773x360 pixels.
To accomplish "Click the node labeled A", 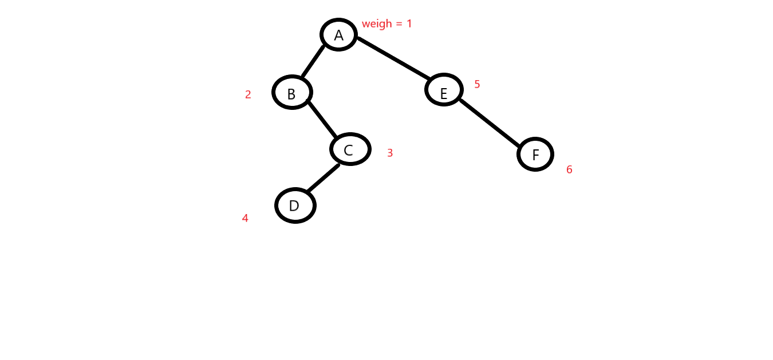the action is coord(338,35).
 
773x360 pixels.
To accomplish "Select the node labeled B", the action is coord(292,92).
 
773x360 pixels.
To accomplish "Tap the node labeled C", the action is coord(350,149).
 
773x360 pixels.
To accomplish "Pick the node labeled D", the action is coord(295,205).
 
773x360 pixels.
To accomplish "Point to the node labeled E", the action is coord(444,90).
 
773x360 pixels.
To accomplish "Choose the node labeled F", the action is coord(535,154).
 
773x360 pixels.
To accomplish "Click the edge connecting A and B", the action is coord(313,61).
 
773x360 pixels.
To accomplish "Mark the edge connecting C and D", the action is coord(323,179).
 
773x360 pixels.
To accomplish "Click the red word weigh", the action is coord(377,24).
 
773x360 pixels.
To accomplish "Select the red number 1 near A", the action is coord(409,24).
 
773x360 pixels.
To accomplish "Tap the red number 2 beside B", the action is coord(248,95).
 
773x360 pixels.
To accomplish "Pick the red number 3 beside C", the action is coord(390,153).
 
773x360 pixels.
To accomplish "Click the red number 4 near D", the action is coord(245,218).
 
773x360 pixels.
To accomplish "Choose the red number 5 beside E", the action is coord(477,85).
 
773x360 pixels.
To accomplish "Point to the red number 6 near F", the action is coord(569,170).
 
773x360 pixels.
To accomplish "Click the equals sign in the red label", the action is coord(399,25).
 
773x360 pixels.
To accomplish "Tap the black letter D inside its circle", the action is coord(294,206).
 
